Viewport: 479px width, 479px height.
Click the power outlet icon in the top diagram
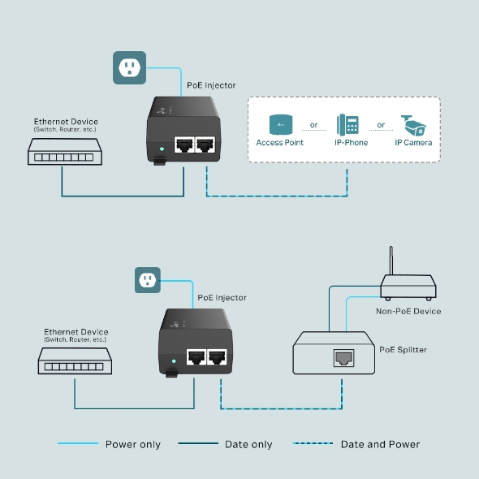129,67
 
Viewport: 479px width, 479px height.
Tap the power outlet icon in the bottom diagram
148,280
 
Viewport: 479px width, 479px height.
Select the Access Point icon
280,125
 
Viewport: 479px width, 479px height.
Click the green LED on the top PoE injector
163,149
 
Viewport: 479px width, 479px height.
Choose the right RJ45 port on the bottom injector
217,357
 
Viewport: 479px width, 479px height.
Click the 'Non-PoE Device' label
408,311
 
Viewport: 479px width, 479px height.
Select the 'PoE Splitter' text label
403,350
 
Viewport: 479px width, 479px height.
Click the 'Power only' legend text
133,444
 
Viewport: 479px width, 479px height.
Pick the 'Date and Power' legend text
380,444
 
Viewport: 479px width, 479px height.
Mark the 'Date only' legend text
249,444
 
